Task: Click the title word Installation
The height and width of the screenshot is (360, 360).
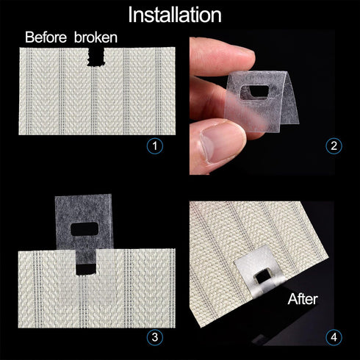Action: (x=174, y=14)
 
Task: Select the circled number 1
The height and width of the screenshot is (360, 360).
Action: (x=154, y=145)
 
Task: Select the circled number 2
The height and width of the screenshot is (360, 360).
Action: (x=334, y=145)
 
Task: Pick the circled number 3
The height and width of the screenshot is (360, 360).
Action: (x=154, y=337)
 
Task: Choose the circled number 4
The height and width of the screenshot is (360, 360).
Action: (x=334, y=337)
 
